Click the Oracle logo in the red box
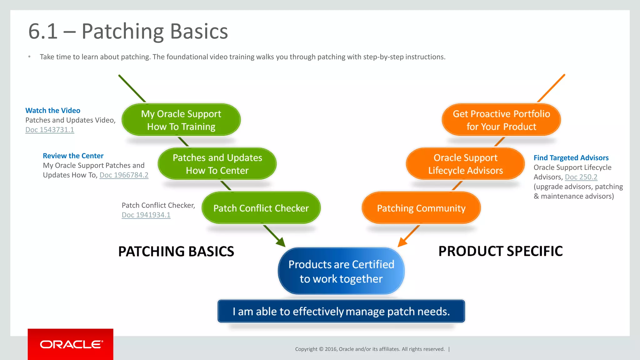point(71,344)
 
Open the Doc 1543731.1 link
point(50,130)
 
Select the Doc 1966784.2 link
point(124,175)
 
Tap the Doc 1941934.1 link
point(146,215)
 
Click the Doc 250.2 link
point(581,177)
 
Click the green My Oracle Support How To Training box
point(181,120)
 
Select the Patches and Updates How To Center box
point(217,164)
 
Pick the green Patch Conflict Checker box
point(261,208)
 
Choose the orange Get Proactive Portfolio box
point(501,120)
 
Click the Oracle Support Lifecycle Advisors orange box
point(465,164)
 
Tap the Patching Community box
point(421,208)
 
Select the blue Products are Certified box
point(341,271)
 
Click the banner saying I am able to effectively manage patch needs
point(341,311)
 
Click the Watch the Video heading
point(53,110)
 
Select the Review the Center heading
point(73,156)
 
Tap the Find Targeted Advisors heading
point(571,158)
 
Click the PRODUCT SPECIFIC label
point(500,251)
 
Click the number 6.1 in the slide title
point(43,32)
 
